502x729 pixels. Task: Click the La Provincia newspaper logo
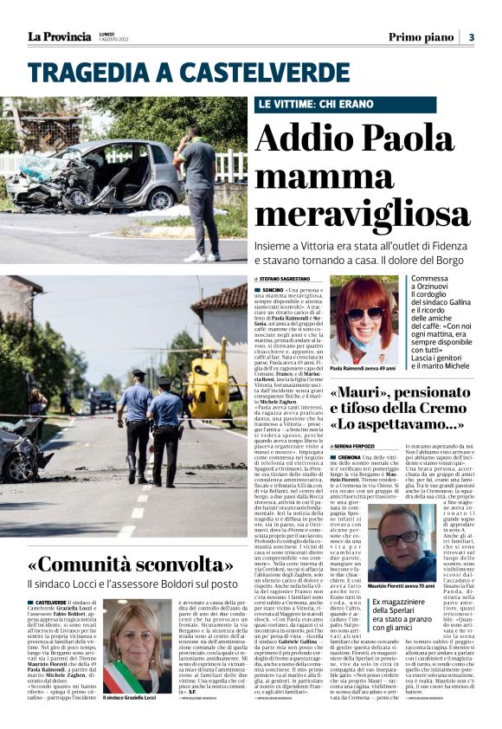tap(59, 37)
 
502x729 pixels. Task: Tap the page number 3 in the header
tap(471, 37)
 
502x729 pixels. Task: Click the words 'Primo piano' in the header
tap(422, 37)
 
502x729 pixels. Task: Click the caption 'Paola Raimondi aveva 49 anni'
tap(364, 369)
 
